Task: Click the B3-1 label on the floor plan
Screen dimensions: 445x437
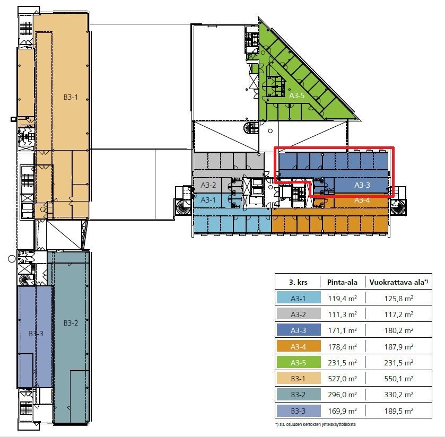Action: (71, 97)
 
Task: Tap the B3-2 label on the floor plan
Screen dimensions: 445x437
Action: (71, 323)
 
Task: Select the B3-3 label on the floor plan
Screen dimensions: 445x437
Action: (36, 334)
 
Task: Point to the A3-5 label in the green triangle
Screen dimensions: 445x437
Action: (296, 95)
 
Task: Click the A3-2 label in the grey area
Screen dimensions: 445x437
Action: (208, 185)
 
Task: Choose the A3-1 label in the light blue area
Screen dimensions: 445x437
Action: (208, 200)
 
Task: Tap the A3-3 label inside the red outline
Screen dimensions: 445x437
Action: (362, 185)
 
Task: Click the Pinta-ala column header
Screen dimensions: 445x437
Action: (342, 282)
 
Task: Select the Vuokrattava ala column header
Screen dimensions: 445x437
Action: (398, 282)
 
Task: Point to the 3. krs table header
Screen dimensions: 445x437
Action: (298, 282)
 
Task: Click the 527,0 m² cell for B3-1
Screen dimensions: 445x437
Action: (342, 379)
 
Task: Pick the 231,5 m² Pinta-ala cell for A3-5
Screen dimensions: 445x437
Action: (342, 363)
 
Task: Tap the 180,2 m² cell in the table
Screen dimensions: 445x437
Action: (398, 330)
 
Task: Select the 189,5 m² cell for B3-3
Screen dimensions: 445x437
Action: (398, 411)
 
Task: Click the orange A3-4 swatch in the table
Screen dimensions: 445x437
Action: (299, 346)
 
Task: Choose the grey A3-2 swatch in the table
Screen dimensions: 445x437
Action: (299, 314)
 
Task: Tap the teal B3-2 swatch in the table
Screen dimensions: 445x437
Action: (299, 395)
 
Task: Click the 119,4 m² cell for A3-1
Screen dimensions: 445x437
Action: (342, 299)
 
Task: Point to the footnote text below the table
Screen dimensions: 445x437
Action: (315, 424)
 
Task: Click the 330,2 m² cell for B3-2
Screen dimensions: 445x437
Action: (398, 395)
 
